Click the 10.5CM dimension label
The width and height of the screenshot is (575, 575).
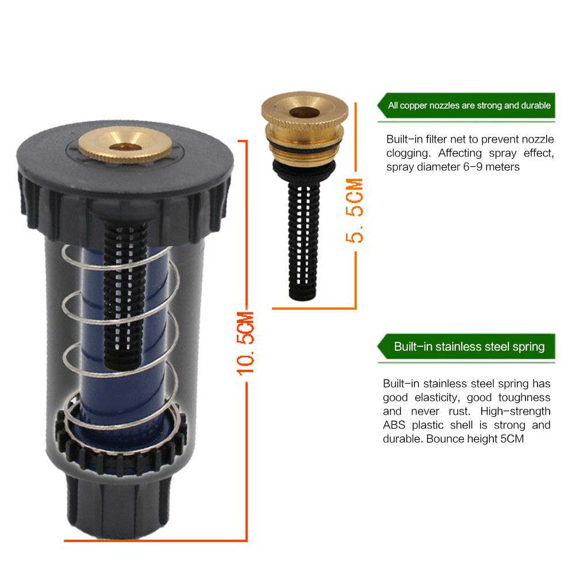point(246,343)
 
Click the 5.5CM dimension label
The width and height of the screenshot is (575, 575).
point(355,210)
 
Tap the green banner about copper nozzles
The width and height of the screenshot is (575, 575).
point(466,106)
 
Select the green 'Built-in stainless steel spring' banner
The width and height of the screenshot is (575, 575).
point(466,347)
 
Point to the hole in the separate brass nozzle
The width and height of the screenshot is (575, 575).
point(304,112)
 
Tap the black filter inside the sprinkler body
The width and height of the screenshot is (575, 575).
point(124,293)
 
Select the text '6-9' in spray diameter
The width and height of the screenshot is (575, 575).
point(473,167)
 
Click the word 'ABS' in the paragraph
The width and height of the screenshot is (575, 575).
point(394,425)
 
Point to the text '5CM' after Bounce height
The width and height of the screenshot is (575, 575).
point(512,439)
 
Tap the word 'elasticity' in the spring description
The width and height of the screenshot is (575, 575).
point(437,398)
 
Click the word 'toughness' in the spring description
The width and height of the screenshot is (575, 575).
point(524,397)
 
